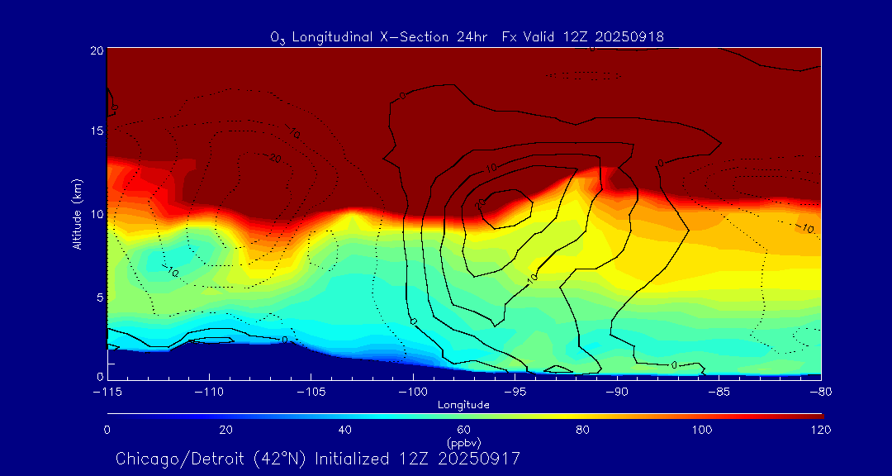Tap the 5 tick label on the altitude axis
(98, 296)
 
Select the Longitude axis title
(463, 405)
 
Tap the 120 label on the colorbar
(820, 430)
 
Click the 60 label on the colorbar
(464, 430)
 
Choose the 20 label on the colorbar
(225, 430)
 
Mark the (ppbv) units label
(464, 443)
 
